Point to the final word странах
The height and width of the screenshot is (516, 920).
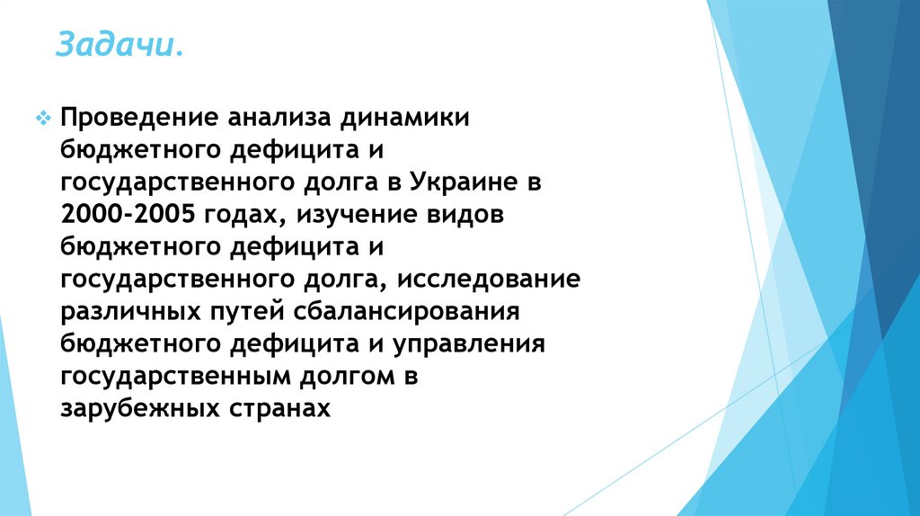pos(280,408)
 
